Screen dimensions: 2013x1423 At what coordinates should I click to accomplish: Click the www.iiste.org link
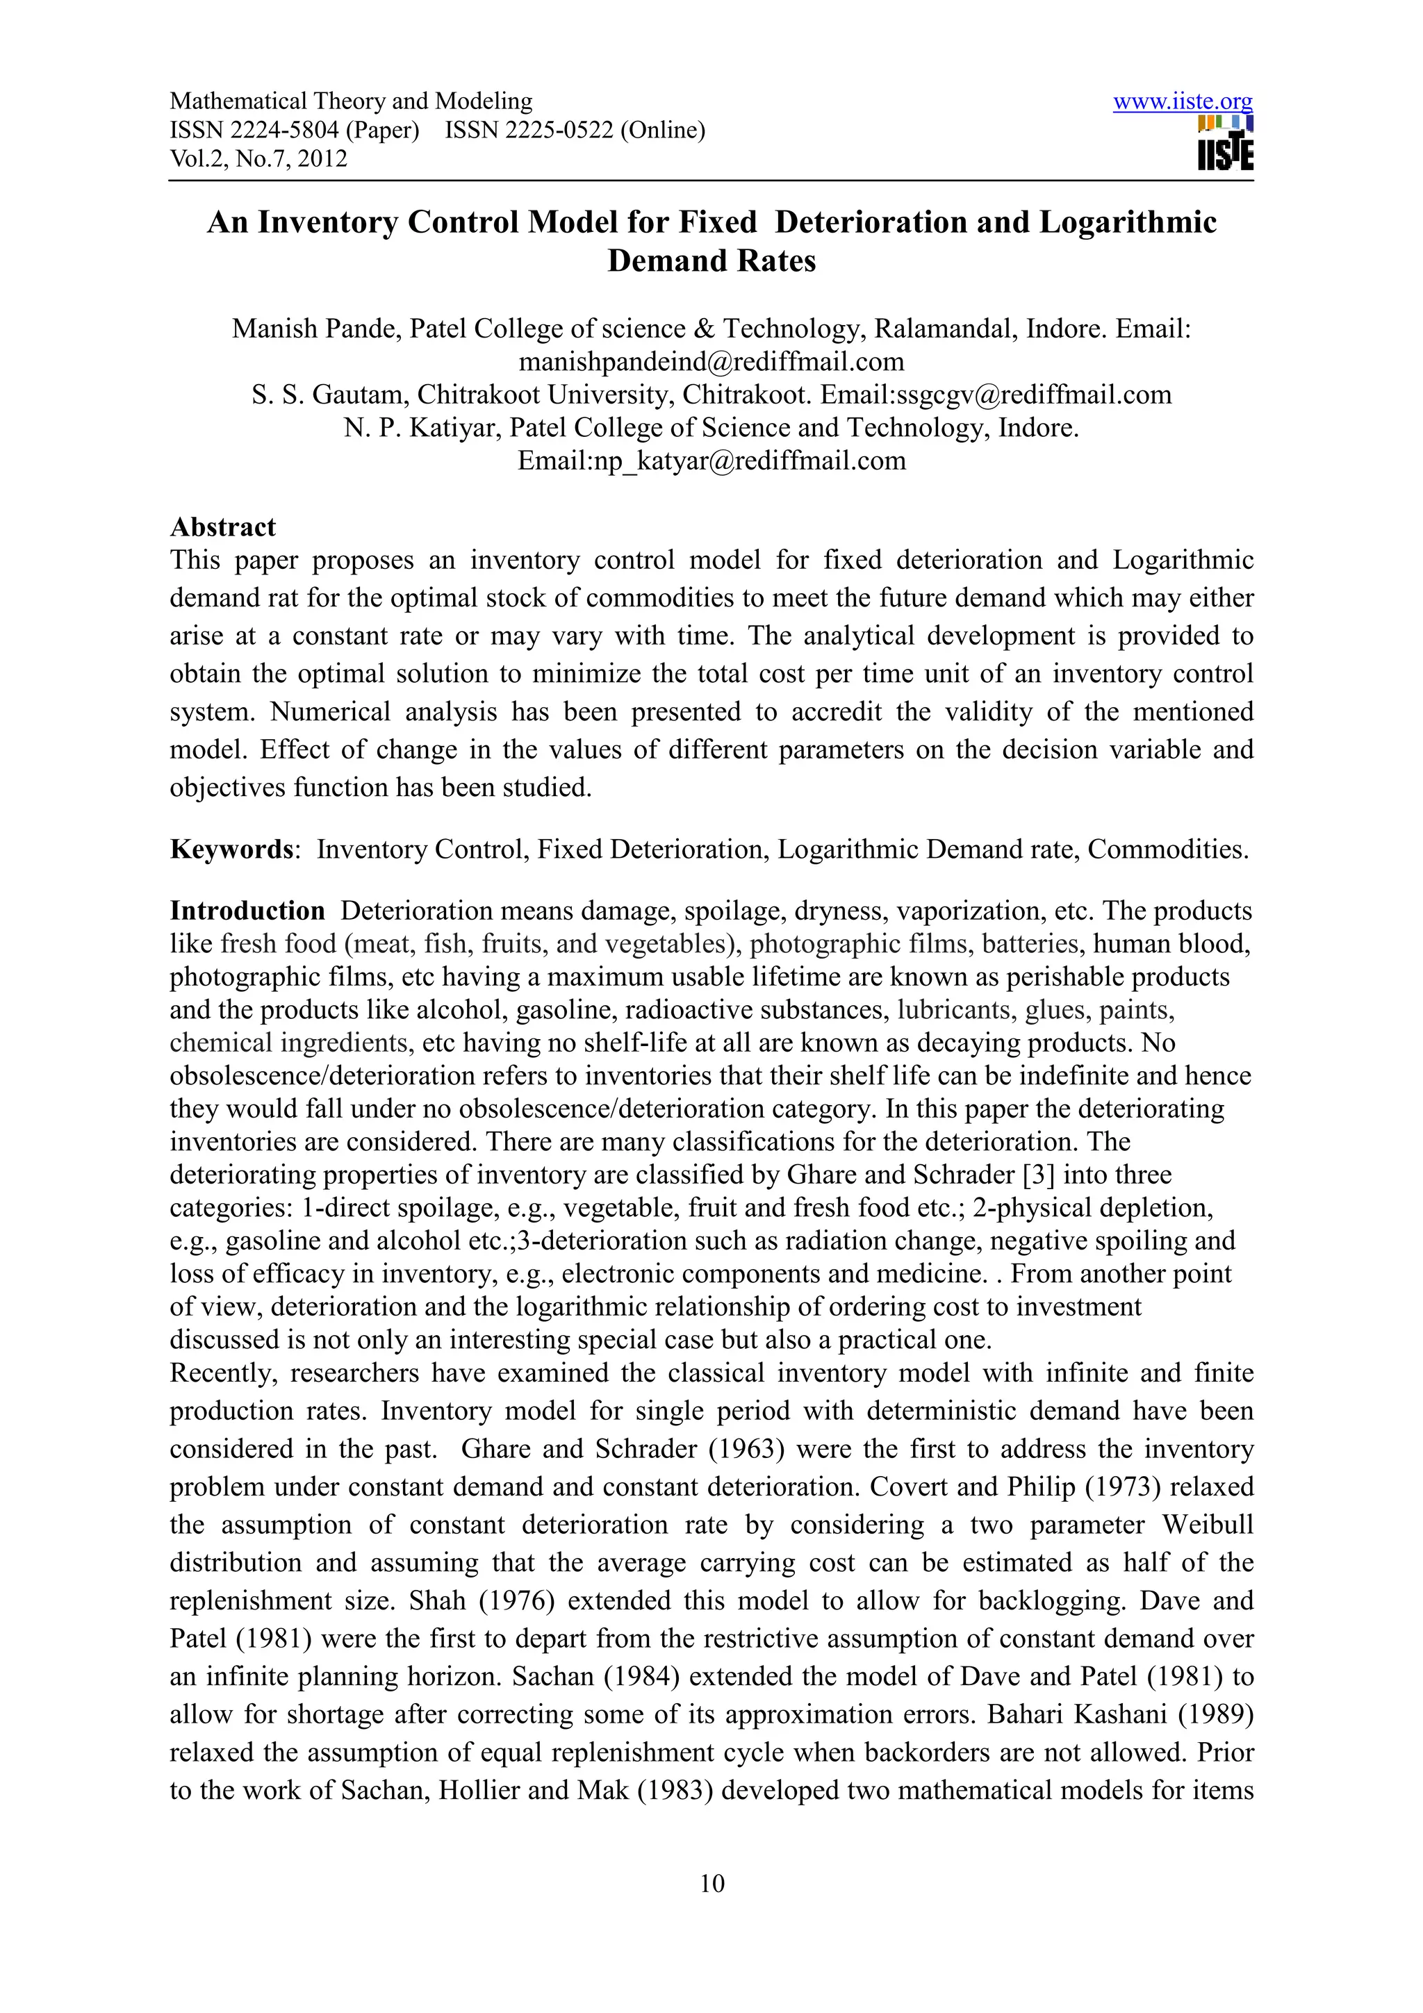click(x=1182, y=101)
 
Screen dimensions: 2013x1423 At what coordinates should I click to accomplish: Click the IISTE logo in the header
click(x=1225, y=144)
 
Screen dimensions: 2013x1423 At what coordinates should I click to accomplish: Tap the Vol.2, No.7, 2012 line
click(x=258, y=158)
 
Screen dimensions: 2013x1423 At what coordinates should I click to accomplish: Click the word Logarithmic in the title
click(x=1128, y=222)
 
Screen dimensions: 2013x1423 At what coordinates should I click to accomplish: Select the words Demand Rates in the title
click(x=711, y=261)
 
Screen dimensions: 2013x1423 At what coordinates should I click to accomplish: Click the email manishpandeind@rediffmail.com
click(x=711, y=361)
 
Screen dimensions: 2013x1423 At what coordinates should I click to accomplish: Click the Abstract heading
click(x=223, y=527)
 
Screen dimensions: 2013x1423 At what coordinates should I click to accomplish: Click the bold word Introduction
click(x=247, y=910)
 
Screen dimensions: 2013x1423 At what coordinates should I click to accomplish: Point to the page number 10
click(x=711, y=1883)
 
